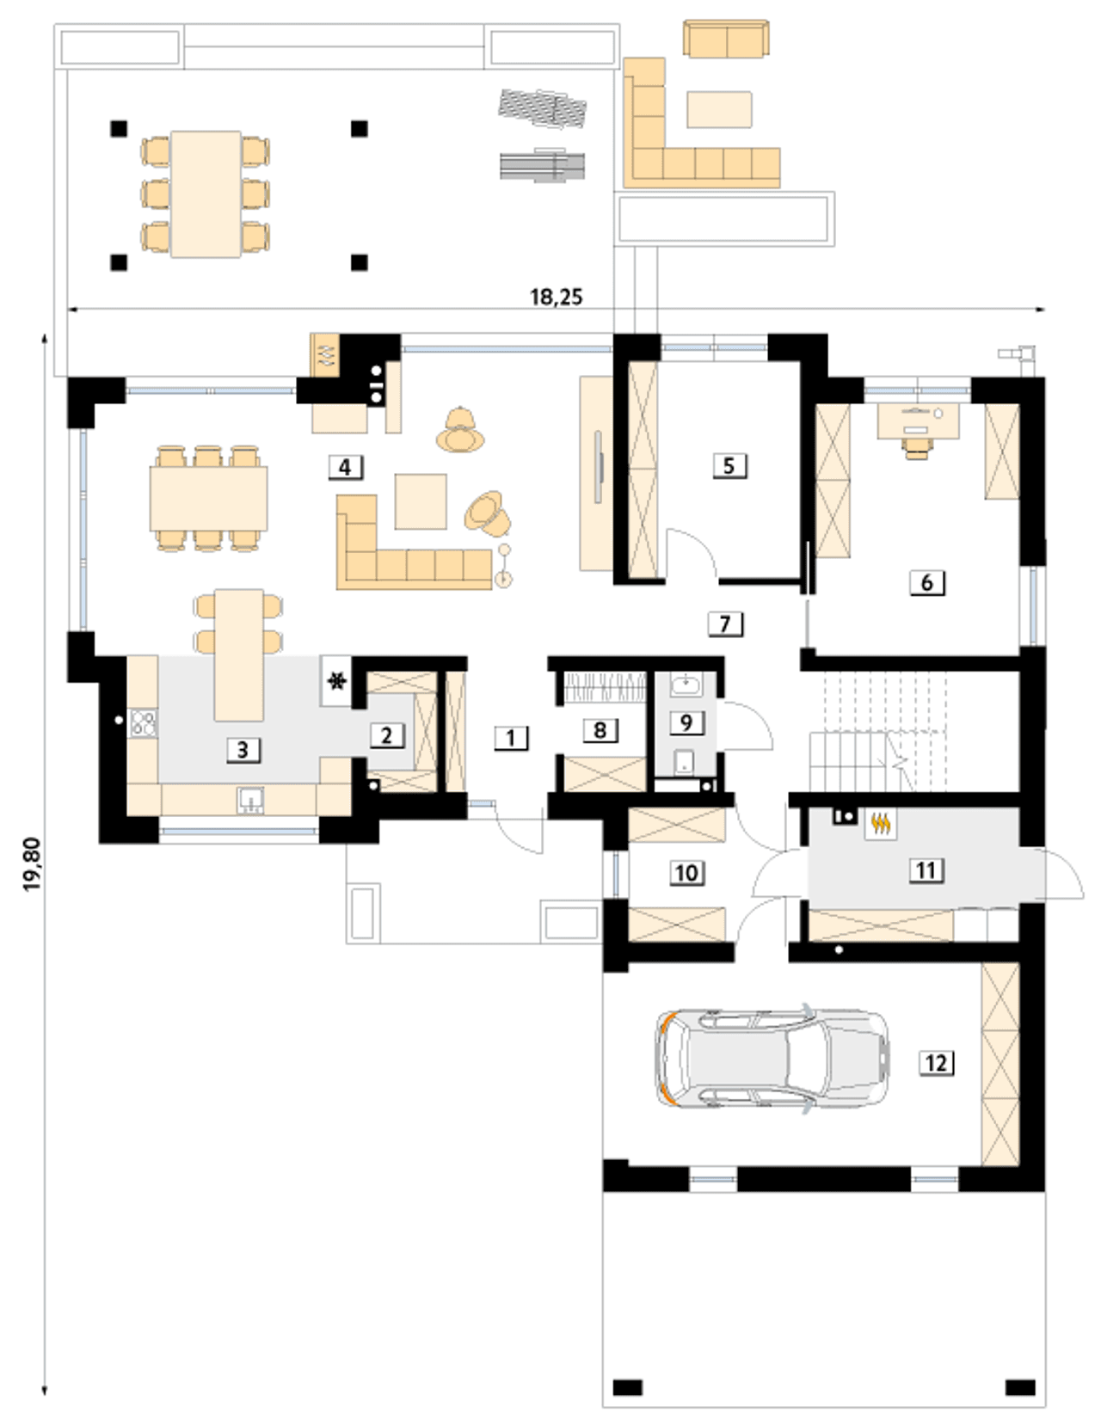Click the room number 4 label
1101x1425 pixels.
[x=345, y=468]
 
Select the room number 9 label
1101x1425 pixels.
[x=686, y=722]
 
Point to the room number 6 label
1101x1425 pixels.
[x=927, y=582]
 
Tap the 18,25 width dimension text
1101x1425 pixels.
[x=556, y=297]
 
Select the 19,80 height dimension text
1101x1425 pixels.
[x=32, y=864]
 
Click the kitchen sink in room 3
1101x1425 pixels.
[x=250, y=801]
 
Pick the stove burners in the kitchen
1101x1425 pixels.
[x=144, y=722]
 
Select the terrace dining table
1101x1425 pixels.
[x=206, y=194]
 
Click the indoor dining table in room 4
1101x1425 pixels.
[x=208, y=498]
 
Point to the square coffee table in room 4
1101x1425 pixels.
[x=421, y=501]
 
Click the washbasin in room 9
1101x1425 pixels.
[x=686, y=686]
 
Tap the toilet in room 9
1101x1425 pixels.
[x=685, y=762]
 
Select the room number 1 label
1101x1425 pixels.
[x=511, y=739]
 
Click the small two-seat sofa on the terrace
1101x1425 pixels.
[x=727, y=40]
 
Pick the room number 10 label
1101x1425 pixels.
[x=687, y=873]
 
